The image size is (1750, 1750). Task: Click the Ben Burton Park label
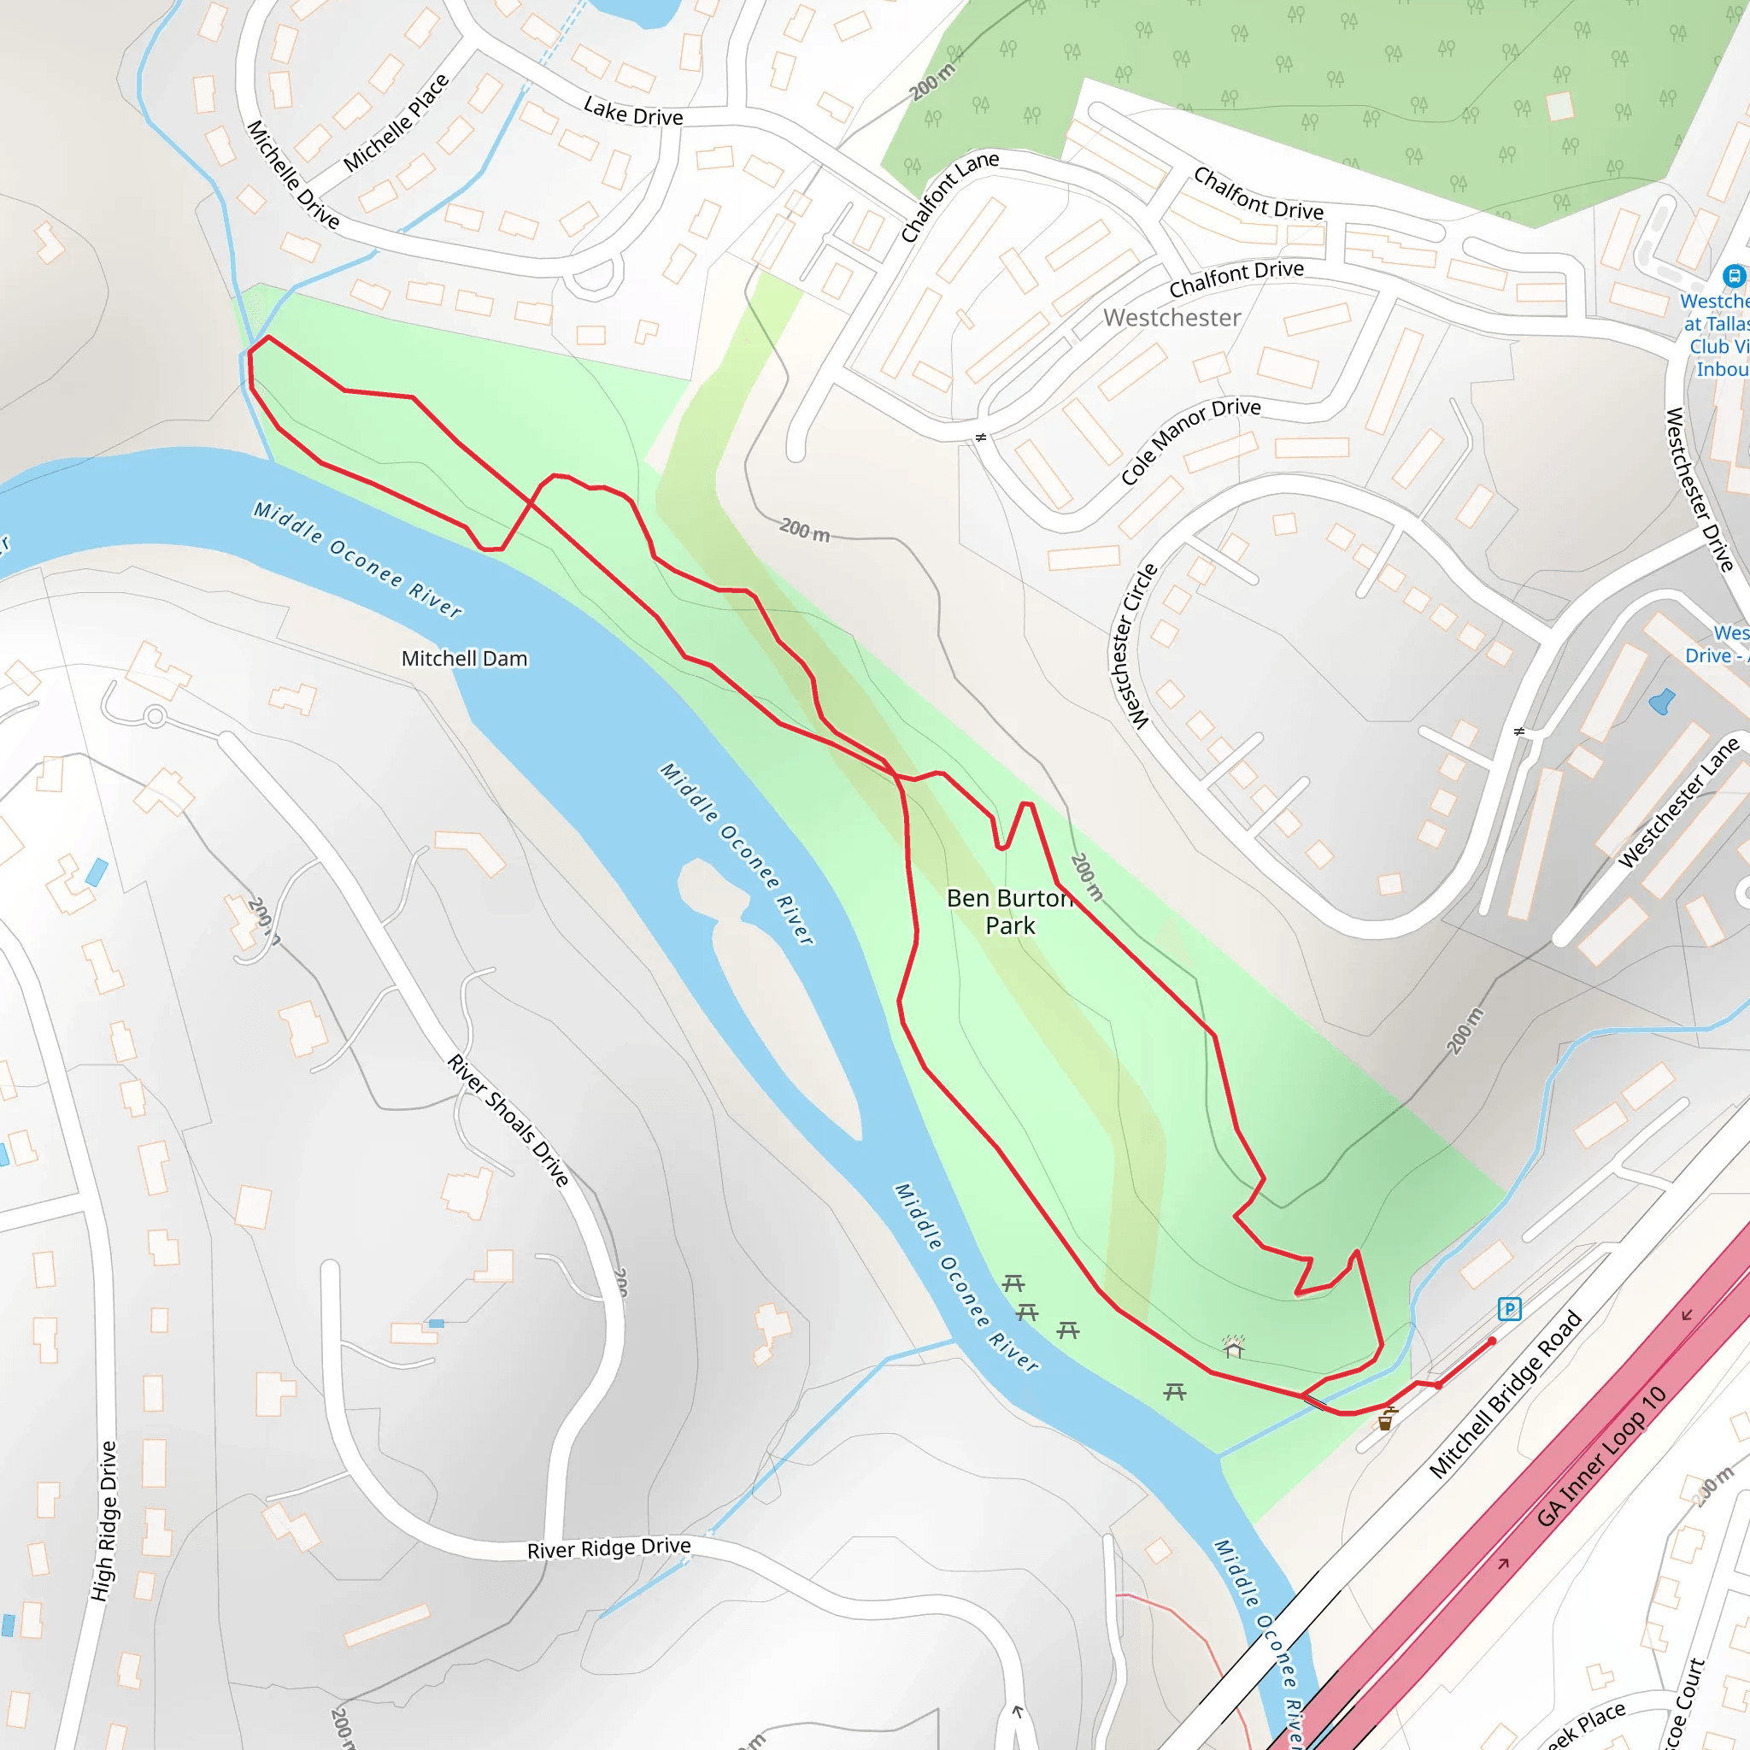pos(1010,911)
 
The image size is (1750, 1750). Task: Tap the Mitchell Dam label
pos(464,659)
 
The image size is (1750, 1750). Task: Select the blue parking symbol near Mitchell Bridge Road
pos(1509,1308)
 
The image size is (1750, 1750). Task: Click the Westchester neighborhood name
pos(1172,318)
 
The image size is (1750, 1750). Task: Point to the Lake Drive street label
pos(633,112)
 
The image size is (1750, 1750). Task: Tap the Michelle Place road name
pos(396,123)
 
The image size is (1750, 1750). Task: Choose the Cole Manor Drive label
pos(1190,440)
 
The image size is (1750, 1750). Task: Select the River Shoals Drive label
pos(508,1120)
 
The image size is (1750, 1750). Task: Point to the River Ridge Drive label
pos(608,1548)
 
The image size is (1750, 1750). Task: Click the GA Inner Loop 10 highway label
pos(1600,1457)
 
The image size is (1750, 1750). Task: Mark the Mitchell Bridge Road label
pos(1505,1396)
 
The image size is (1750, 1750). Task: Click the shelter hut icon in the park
pos(1233,1348)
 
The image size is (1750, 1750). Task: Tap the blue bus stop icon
pos(1733,275)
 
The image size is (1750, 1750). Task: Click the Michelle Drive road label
pos(292,176)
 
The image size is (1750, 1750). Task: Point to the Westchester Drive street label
pos(1700,489)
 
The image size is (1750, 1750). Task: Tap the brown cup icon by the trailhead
pos(1385,1421)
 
